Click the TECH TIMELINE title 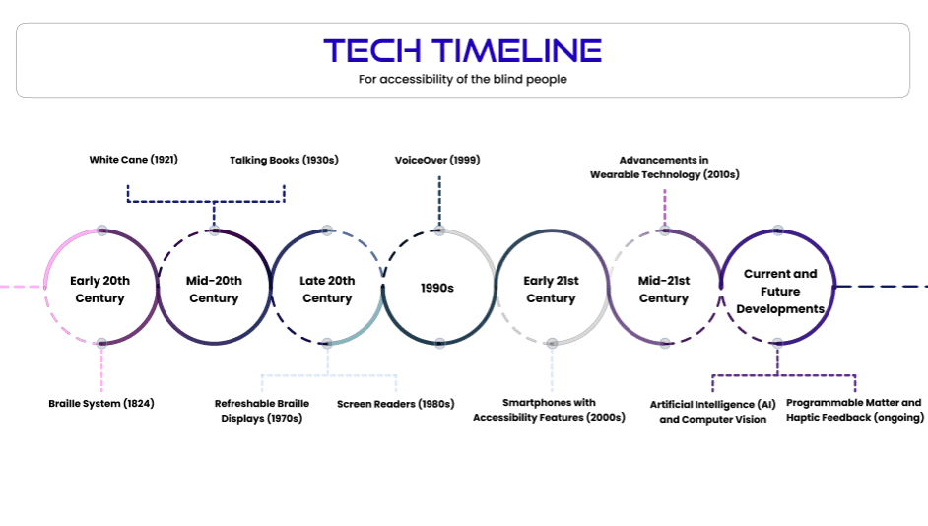coord(462,50)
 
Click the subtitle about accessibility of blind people coord(462,79)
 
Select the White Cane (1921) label coord(133,159)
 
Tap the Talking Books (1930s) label coord(284,159)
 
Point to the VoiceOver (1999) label coord(437,159)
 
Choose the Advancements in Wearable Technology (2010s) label coord(664,166)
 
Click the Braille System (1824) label coord(101,403)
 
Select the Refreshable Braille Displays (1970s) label coord(262,411)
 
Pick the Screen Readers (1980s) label coord(395,403)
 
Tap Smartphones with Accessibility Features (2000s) coord(549,410)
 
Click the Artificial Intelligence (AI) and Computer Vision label coord(713,412)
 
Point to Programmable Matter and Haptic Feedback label coord(854,410)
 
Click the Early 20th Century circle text coord(100,290)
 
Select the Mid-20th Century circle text coord(214,290)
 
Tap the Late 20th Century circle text coord(327,290)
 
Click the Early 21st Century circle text coord(552,290)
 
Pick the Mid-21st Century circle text coord(664,290)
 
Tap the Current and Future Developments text coord(779,292)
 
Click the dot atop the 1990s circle coord(439,230)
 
